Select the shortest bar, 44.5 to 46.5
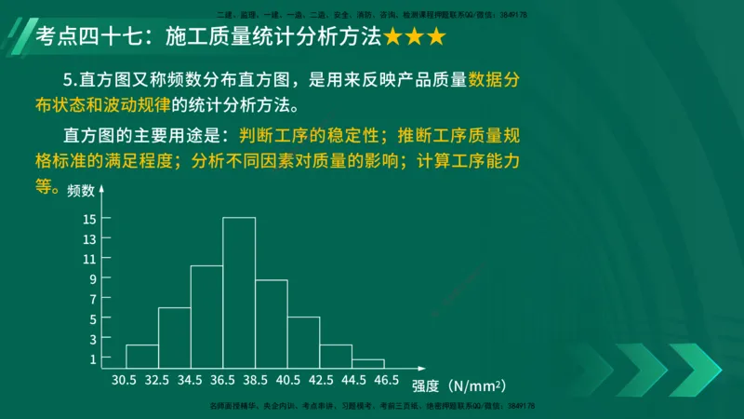[x=368, y=363]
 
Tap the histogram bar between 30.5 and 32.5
[x=142, y=357]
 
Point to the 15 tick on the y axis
[x=90, y=219]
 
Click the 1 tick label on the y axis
[x=93, y=358]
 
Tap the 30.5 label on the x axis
[x=125, y=381]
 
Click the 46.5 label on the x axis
[x=384, y=381]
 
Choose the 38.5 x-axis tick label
[x=255, y=381]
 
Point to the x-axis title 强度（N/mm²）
[x=459, y=385]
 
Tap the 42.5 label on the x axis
[x=319, y=381]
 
